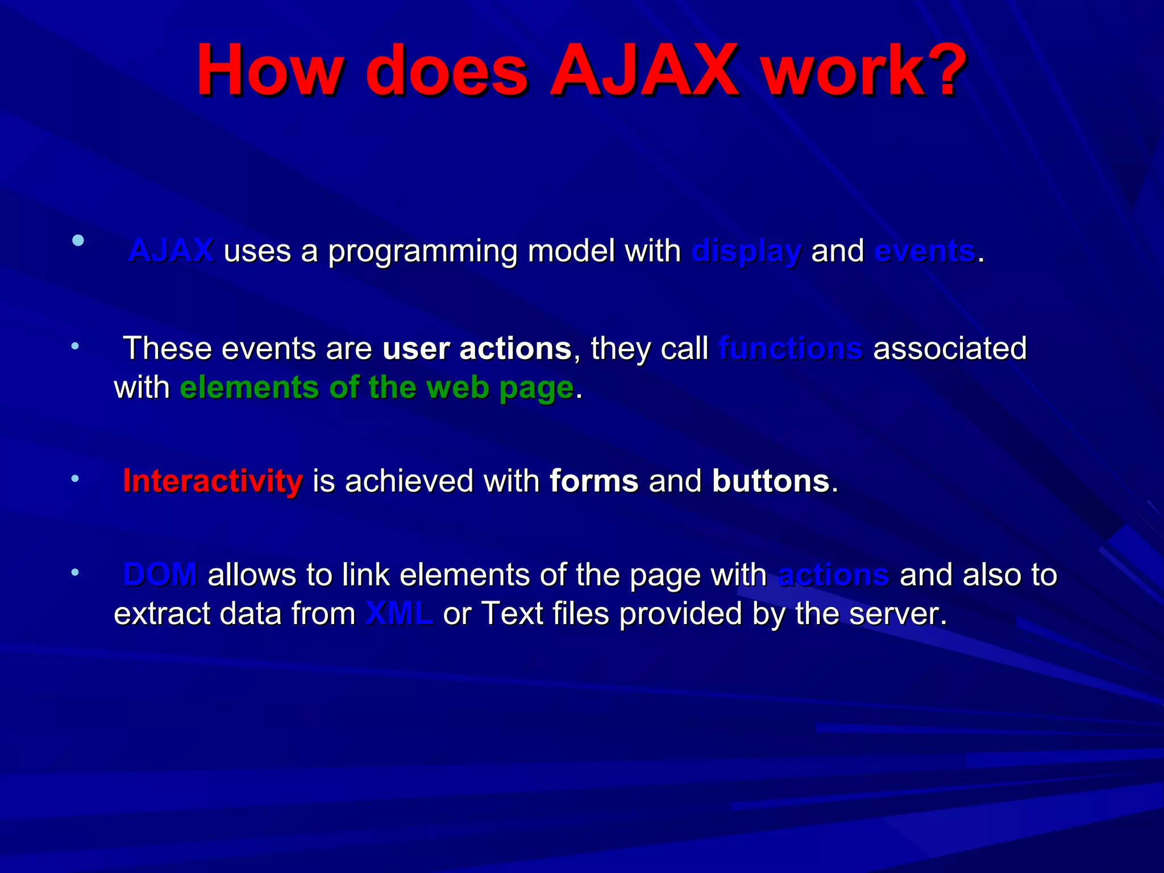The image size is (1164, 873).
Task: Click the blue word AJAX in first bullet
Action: pyautogui.click(x=171, y=251)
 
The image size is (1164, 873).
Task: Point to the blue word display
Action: pyautogui.click(x=746, y=252)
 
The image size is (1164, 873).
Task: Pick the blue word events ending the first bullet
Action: pyautogui.click(x=925, y=251)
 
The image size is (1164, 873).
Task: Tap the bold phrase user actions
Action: pyautogui.click(x=477, y=348)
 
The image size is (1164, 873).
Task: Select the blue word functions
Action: pyautogui.click(x=791, y=348)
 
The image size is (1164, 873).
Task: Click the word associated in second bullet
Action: pyautogui.click(x=950, y=348)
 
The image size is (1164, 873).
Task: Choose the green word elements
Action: pyautogui.click(x=249, y=388)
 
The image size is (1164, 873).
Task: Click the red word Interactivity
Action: pyautogui.click(x=213, y=481)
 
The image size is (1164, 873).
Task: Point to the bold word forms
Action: pyautogui.click(x=594, y=481)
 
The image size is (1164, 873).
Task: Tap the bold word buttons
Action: pyautogui.click(x=771, y=481)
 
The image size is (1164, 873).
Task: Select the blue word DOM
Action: pyautogui.click(x=160, y=574)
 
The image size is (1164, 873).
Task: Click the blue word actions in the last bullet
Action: pyautogui.click(x=833, y=574)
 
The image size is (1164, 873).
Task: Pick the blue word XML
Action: pyautogui.click(x=399, y=613)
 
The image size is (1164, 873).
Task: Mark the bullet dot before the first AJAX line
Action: pyautogui.click(x=78, y=240)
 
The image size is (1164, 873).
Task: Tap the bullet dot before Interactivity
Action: pyautogui.click(x=75, y=479)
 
